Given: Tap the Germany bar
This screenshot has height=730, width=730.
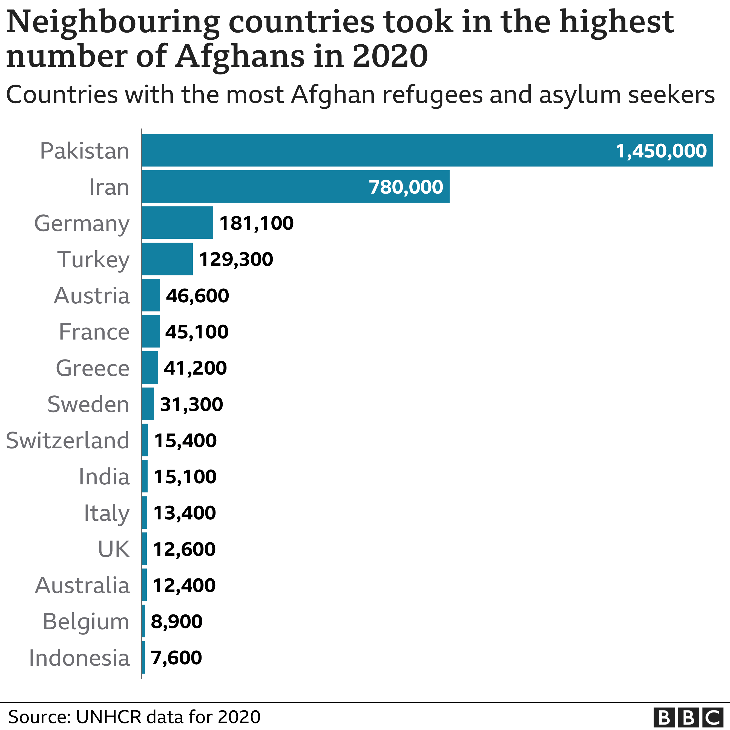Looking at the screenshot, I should click(178, 223).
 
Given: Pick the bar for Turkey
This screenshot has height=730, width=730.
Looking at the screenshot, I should click(167, 259).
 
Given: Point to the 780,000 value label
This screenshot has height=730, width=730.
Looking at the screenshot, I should click(406, 187).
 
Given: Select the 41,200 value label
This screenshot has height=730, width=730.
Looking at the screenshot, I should click(195, 368).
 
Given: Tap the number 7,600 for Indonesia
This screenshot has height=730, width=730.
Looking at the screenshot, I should click(176, 657).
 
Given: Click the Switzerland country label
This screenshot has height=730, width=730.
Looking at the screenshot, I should click(68, 441).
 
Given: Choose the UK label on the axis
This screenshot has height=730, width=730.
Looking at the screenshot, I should click(114, 549).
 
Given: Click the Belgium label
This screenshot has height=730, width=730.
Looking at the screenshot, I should click(86, 622).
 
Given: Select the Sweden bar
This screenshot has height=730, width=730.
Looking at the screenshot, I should click(148, 404).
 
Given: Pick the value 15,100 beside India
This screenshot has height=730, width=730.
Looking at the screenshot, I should click(185, 476).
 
